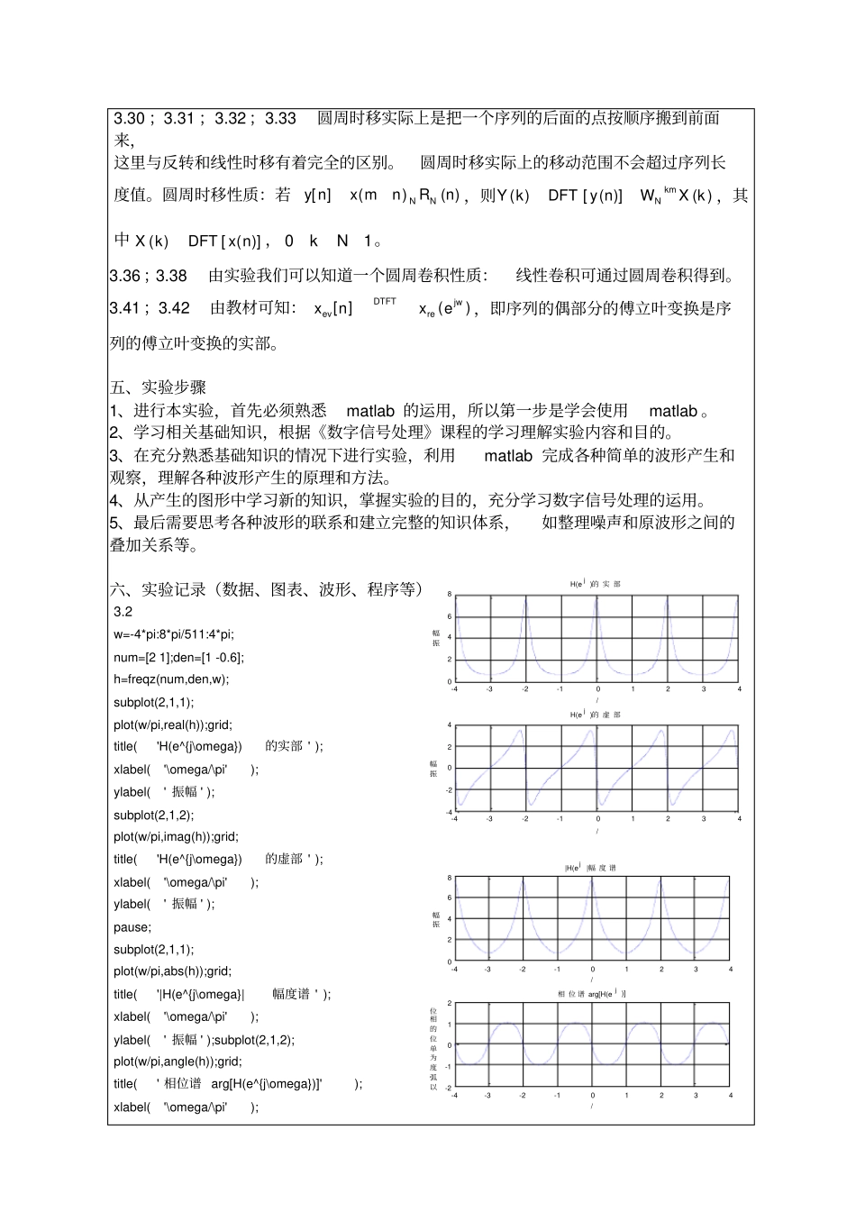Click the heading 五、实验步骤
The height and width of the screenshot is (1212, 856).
(158, 387)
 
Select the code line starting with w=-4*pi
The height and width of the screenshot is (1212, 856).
(173, 634)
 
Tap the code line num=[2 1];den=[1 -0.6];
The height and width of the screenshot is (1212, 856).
(178, 657)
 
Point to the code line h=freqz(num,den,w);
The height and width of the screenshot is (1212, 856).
(171, 679)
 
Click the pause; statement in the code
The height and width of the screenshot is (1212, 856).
(132, 927)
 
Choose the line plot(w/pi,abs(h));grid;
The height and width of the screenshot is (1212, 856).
(172, 971)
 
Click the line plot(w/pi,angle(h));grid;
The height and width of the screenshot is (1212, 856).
(178, 1062)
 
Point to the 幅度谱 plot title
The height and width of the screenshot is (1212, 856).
(589, 868)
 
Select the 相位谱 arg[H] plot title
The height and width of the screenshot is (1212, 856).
(591, 993)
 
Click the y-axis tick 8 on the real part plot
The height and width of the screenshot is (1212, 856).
(450, 595)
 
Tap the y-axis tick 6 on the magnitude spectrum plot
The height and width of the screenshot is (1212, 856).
(450, 898)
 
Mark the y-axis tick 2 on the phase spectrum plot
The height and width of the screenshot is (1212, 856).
(450, 1004)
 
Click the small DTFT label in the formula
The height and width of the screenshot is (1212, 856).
(384, 302)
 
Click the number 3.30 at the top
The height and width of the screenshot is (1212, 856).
(129, 118)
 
